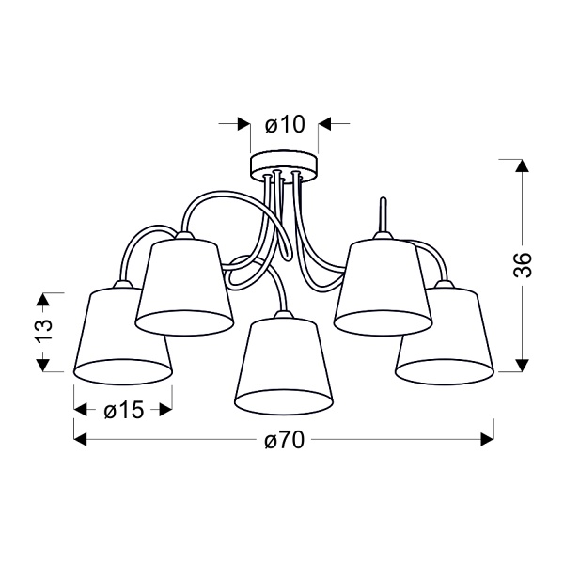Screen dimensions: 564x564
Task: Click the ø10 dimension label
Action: [x=285, y=125]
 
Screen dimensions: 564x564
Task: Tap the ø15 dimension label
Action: [x=124, y=410]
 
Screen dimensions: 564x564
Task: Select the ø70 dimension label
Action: [x=285, y=440]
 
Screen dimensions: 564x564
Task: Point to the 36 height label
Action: [x=523, y=265]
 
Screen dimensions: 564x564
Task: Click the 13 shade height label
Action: [x=43, y=330]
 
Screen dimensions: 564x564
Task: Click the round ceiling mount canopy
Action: [x=285, y=166]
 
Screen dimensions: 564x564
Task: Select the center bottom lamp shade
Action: [x=284, y=365]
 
